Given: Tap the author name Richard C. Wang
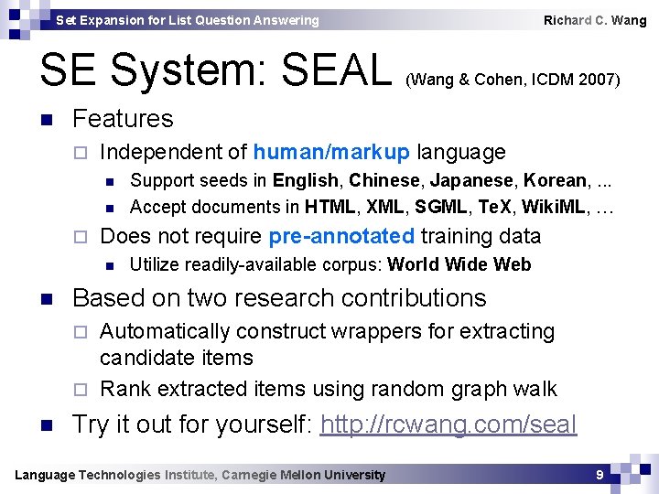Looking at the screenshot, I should point(595,20).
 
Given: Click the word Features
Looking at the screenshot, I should point(123,119).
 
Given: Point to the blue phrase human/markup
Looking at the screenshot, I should point(332,152).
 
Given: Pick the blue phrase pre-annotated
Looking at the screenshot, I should point(341,236).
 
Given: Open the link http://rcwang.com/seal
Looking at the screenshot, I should point(448,424).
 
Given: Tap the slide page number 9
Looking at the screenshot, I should point(599,475).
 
